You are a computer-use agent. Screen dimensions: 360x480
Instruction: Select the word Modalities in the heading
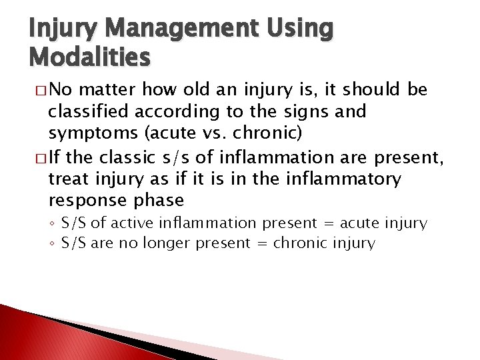(x=89, y=58)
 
